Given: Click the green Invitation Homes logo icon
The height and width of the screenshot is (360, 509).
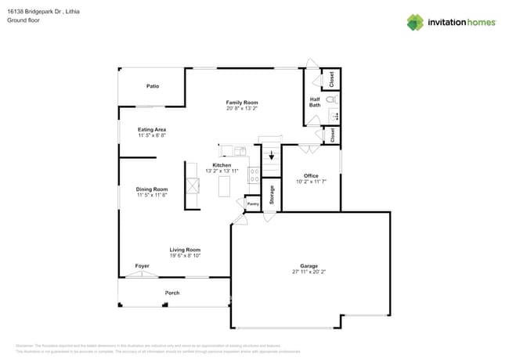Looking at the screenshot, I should (x=415, y=22).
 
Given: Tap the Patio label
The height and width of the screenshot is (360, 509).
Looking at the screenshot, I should (x=153, y=86).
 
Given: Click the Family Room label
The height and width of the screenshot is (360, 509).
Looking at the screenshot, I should (x=242, y=103).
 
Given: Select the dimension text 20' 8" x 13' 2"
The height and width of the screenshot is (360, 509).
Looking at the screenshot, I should (x=242, y=109).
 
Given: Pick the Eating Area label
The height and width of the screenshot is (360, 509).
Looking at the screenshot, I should (x=152, y=130).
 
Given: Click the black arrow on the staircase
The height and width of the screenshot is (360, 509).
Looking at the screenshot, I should (x=272, y=155).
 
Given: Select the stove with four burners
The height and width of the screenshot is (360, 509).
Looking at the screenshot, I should (x=254, y=175).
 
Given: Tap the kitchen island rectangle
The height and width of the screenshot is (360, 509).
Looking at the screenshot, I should (x=225, y=186).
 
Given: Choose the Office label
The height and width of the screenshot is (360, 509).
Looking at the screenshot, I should (x=311, y=175).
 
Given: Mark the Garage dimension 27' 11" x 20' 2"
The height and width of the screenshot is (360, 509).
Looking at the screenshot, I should (x=309, y=272).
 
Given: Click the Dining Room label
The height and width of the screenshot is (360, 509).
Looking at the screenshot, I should (x=152, y=189).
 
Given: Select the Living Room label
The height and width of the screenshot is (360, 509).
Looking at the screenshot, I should (x=186, y=250).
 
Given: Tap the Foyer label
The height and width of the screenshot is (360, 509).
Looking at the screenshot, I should (x=142, y=266).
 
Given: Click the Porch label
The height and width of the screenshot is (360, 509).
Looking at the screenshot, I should (x=171, y=293).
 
